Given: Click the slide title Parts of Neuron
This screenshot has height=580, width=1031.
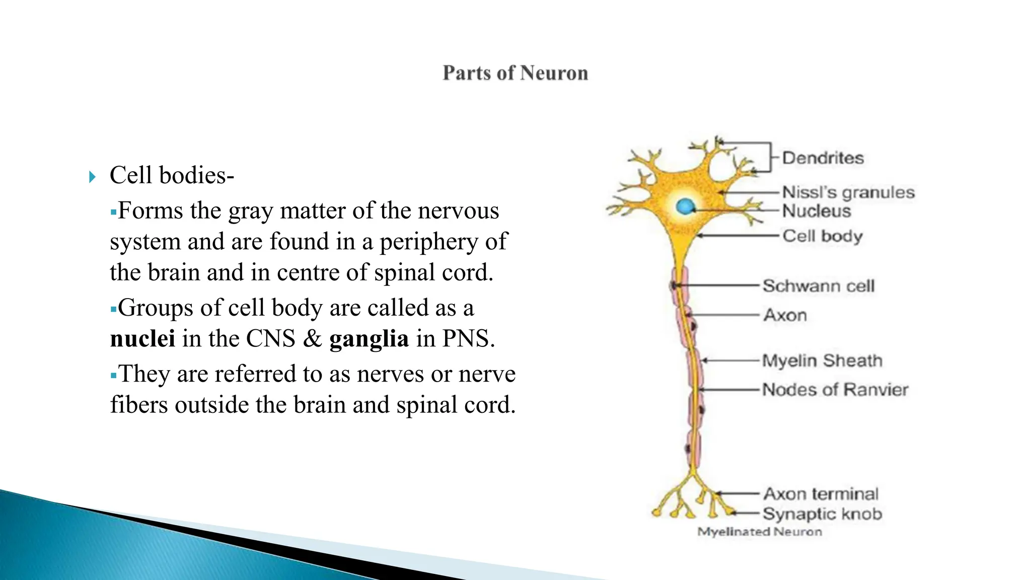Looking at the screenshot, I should coord(515,73).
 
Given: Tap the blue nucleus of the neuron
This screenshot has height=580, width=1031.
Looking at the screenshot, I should coord(685,206).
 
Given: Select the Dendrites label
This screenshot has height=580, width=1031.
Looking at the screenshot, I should coord(823,158).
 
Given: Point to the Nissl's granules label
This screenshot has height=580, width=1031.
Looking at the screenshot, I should coord(848,192).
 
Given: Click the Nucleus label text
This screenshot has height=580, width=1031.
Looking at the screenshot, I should coord(817,211).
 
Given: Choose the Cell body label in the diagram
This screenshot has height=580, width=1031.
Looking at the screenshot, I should coord(823,236).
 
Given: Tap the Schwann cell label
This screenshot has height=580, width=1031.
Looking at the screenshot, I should coord(819,286).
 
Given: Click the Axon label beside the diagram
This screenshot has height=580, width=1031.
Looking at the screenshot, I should coord(785,315).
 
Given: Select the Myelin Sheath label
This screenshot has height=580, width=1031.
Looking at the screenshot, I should coord(822,360).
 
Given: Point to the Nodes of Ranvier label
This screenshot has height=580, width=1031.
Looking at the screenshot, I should coord(835,390).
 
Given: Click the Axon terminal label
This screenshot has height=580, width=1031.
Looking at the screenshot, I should coord(821,494).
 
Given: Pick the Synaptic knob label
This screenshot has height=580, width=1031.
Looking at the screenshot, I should coord(822,514).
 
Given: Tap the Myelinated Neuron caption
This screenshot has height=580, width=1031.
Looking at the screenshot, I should coord(759,532).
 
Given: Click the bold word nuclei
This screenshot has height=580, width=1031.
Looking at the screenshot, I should coord(142,338).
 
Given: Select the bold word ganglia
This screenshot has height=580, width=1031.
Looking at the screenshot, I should coord(369,338).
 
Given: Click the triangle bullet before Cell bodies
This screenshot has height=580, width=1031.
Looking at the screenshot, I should coord(92,177).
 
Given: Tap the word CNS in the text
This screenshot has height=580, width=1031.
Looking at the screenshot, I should coord(270,338).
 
